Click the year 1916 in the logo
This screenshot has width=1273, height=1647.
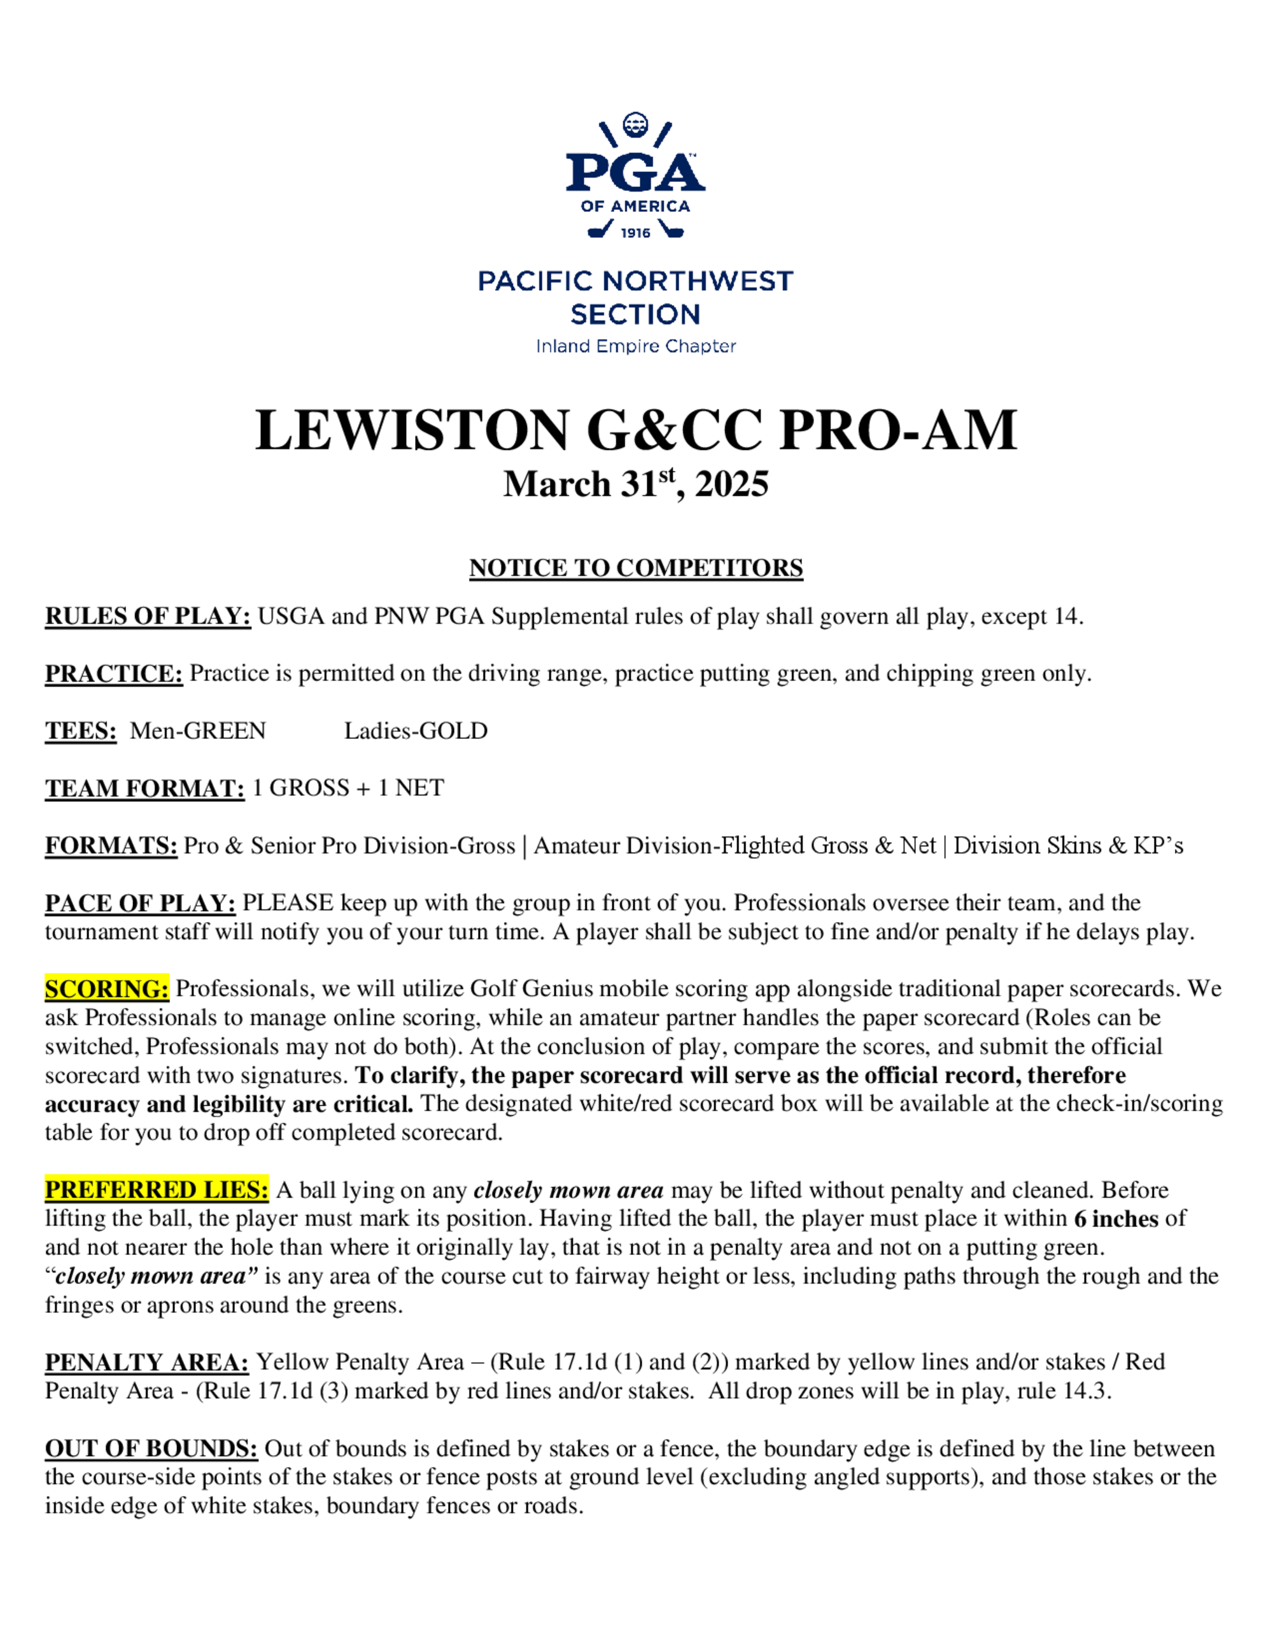pyautogui.click(x=635, y=233)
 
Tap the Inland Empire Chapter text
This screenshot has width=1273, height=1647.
pyautogui.click(x=635, y=346)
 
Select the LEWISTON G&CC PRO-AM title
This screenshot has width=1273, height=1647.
pyautogui.click(x=636, y=431)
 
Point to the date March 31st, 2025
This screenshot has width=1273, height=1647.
pyautogui.click(x=636, y=484)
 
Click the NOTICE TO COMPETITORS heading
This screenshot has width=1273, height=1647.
pyautogui.click(x=636, y=568)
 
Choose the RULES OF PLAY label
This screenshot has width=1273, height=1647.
pyautogui.click(x=148, y=616)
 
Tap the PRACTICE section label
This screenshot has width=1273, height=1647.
pyautogui.click(x=114, y=673)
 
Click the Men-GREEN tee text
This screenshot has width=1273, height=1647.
pyautogui.click(x=197, y=731)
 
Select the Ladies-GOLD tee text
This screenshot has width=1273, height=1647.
pyautogui.click(x=416, y=731)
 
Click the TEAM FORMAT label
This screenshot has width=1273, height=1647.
pyautogui.click(x=144, y=788)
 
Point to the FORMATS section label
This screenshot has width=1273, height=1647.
pyautogui.click(x=111, y=845)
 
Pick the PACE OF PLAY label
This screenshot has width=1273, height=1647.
pyautogui.click(x=140, y=902)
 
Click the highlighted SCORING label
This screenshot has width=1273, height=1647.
pyautogui.click(x=107, y=989)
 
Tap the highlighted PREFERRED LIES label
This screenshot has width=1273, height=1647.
pyautogui.click(x=156, y=1190)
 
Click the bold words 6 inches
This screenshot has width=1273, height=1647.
pyautogui.click(x=1116, y=1219)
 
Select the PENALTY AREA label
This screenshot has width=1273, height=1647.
pyautogui.click(x=146, y=1362)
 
